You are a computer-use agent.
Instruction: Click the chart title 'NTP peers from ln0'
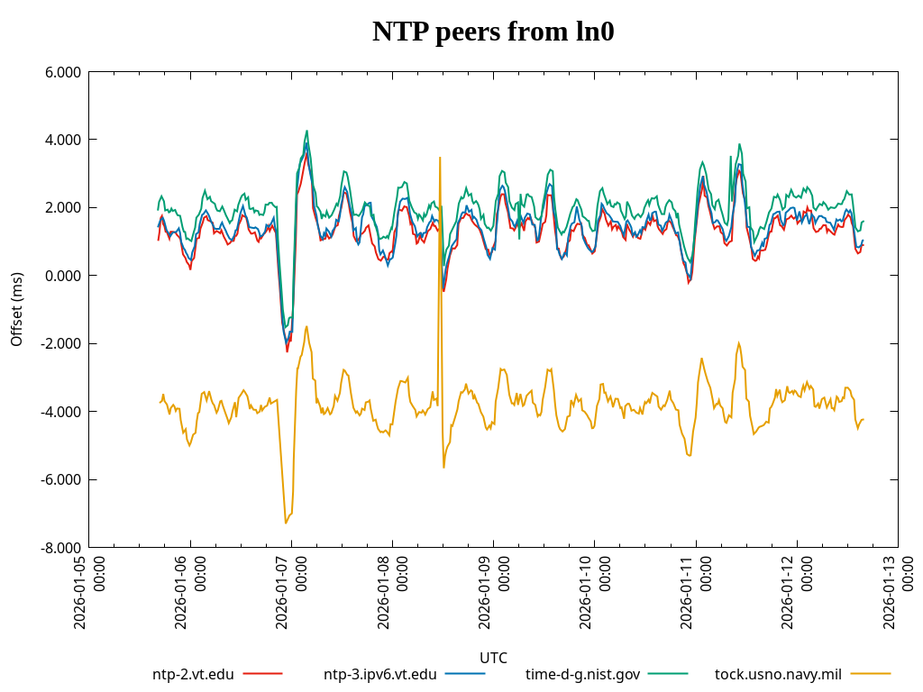coord(493,32)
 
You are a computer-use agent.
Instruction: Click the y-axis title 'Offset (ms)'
coord(17,309)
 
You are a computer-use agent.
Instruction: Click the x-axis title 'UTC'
coord(493,658)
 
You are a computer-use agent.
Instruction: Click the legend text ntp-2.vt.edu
coord(193,674)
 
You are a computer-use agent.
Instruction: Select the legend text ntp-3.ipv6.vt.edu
coord(379,674)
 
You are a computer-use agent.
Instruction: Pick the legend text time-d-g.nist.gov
coord(582,674)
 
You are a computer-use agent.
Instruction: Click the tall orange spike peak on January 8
coord(440,158)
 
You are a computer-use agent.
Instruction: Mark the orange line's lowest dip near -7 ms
coord(286,523)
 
